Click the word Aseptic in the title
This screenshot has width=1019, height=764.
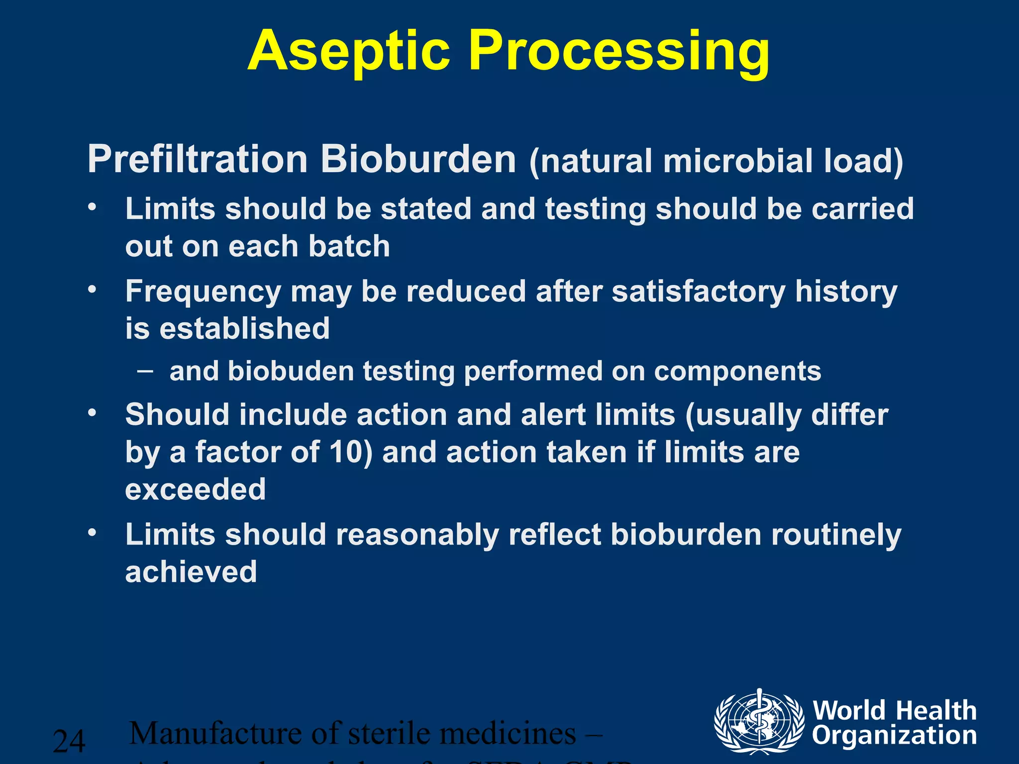348,51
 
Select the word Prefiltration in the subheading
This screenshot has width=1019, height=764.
198,160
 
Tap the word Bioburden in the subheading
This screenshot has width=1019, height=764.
418,160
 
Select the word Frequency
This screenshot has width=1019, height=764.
203,292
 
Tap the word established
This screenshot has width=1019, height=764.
244,328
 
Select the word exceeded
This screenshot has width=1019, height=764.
196,489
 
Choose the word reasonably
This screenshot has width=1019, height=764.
417,535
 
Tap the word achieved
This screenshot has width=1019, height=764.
191,572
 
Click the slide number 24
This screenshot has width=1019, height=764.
69,741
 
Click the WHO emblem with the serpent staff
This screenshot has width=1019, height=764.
759,721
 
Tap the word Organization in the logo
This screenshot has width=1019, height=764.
894,736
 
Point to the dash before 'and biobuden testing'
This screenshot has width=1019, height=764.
144,371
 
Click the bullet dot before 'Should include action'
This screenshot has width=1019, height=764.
92,413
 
